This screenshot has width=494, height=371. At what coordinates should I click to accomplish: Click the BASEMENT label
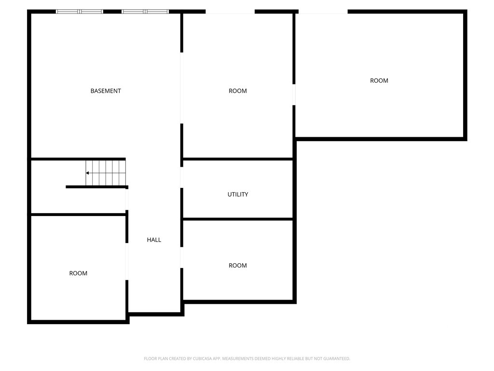[x=106, y=91]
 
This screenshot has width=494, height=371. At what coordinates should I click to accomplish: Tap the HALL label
[x=154, y=240]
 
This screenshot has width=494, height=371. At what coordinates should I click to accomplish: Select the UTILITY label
[x=237, y=194]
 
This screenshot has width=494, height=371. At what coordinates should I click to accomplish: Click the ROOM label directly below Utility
[x=237, y=265]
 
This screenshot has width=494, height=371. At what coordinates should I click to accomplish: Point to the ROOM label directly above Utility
[x=237, y=91]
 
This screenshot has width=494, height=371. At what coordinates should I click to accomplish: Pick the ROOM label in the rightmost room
[x=379, y=81]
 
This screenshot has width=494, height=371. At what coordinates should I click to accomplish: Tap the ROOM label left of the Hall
[x=78, y=273]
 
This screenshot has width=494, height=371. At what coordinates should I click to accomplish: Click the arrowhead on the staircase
[x=87, y=173]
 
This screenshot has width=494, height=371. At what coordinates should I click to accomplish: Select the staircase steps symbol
[x=106, y=173]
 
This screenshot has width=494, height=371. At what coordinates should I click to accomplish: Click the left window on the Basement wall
[x=80, y=12]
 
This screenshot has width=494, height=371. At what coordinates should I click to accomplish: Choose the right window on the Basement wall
[x=145, y=12]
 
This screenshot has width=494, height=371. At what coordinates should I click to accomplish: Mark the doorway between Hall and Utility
[x=182, y=177]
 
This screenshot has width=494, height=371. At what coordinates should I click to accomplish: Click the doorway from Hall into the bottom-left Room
[x=127, y=261]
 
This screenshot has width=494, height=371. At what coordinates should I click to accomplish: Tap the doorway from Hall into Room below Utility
[x=182, y=257]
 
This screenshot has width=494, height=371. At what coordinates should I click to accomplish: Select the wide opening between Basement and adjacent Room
[x=182, y=88]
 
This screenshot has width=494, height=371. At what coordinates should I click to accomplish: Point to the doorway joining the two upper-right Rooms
[x=294, y=95]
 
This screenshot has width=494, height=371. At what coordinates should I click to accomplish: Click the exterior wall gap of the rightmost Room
[x=323, y=12]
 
